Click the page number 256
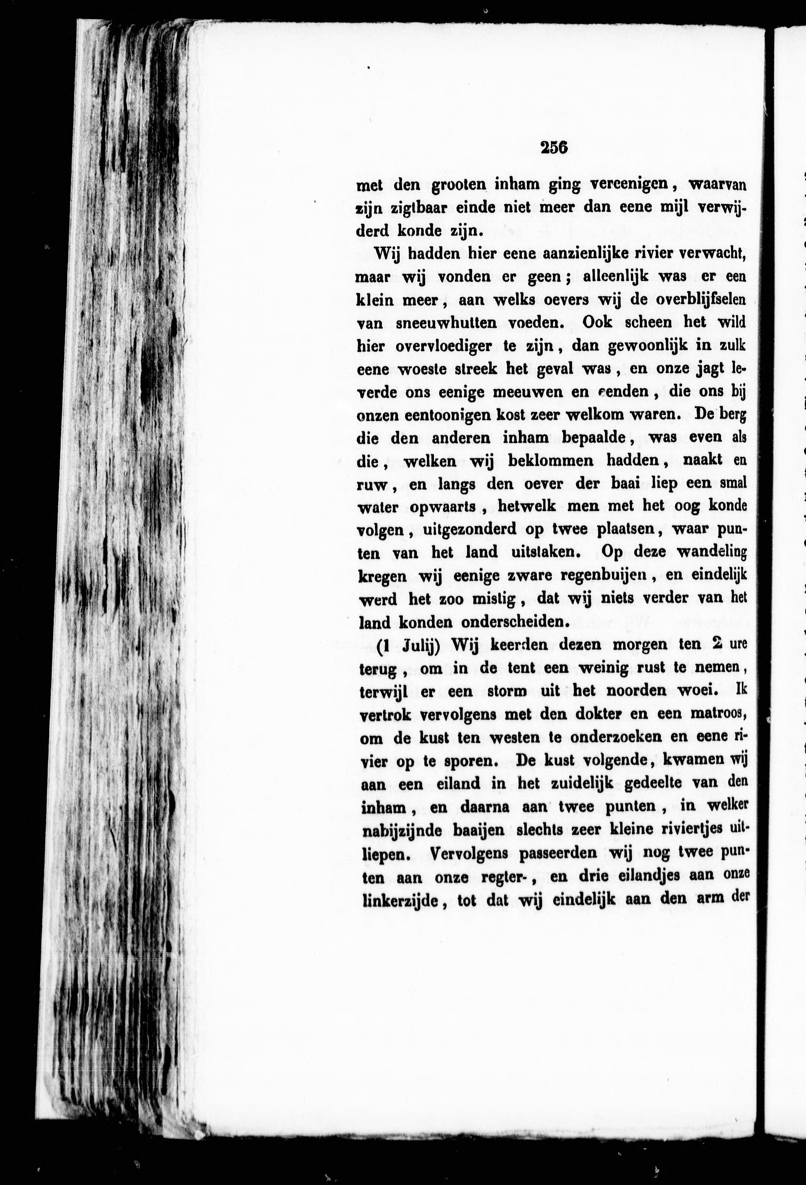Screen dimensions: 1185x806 pyautogui.click(x=554, y=147)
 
